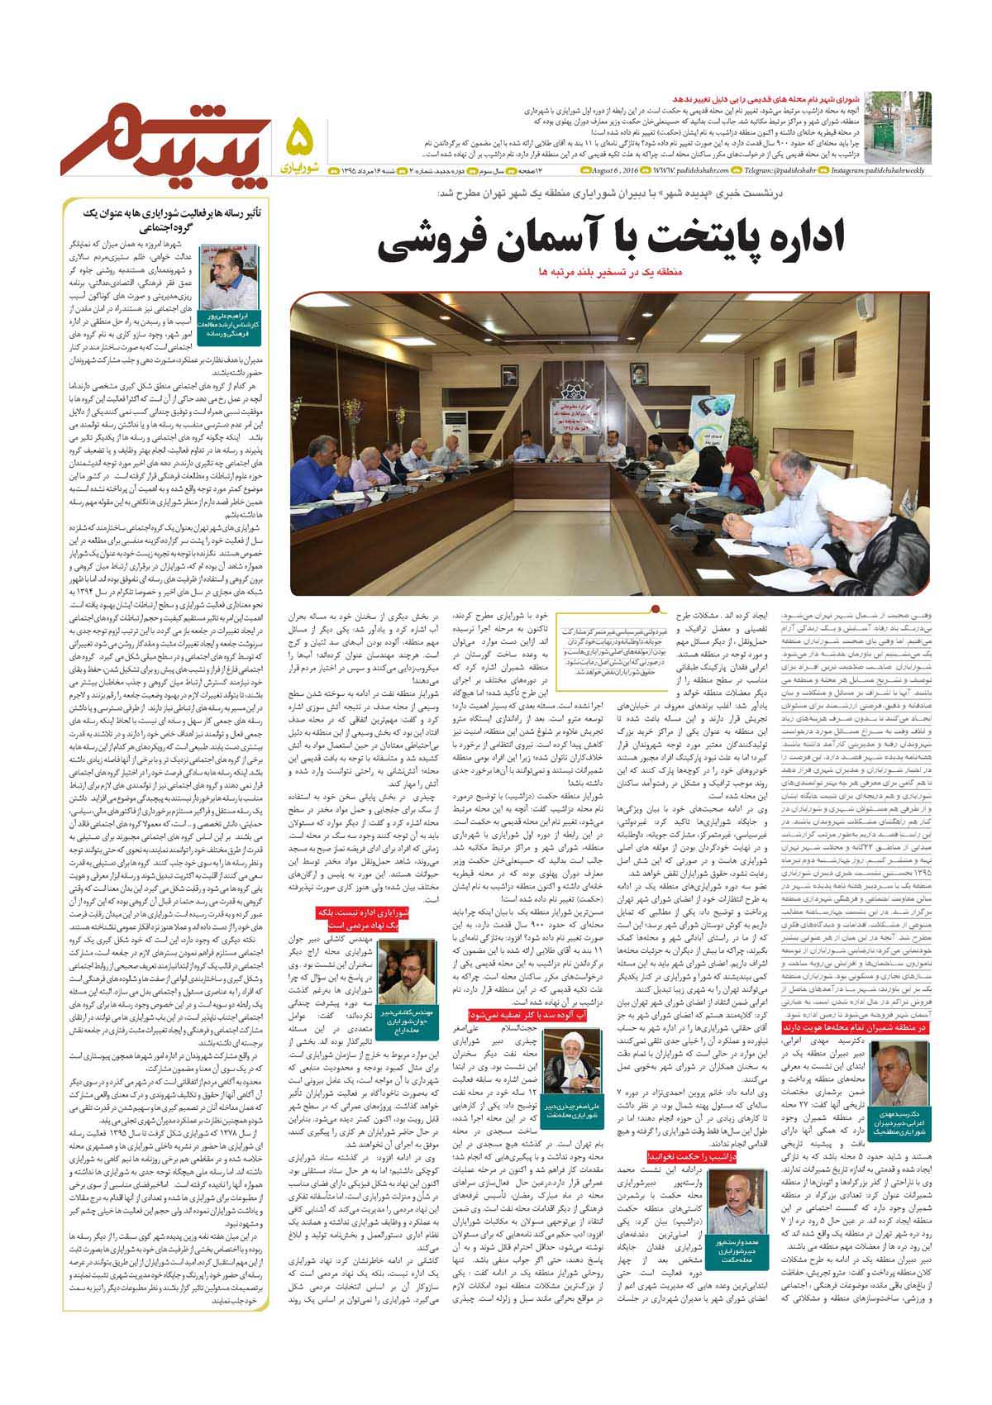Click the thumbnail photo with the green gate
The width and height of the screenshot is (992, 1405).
(x=909, y=126)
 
